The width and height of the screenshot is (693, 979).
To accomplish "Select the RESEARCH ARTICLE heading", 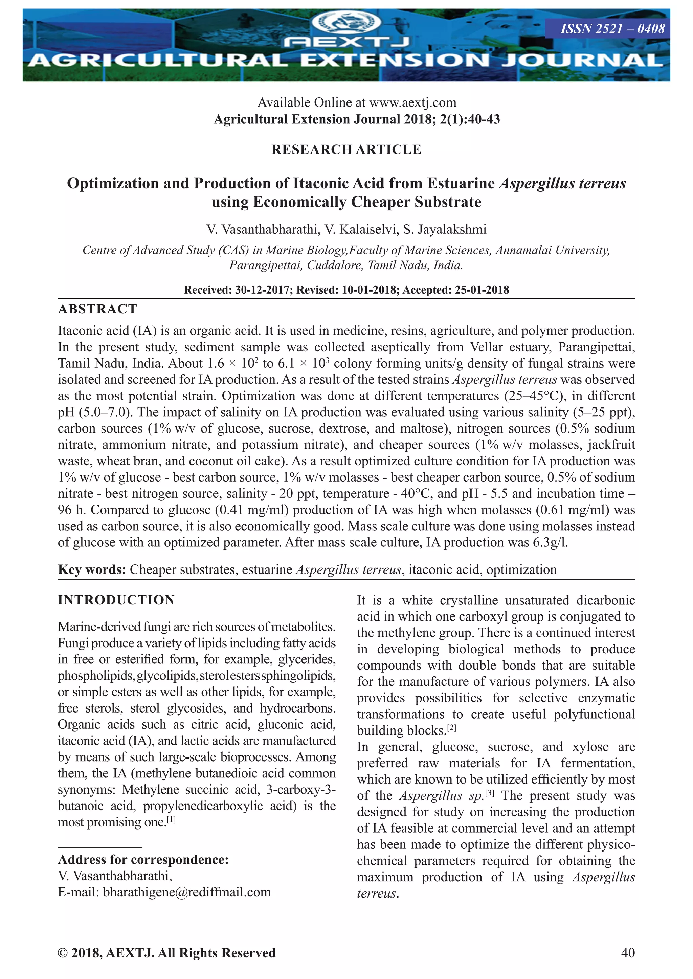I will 346,150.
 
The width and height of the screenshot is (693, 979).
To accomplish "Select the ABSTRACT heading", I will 97,309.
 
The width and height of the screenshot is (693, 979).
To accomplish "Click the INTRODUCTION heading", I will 116,600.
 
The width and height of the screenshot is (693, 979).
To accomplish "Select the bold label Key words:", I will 92,570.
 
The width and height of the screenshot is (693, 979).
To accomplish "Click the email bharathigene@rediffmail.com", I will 187,892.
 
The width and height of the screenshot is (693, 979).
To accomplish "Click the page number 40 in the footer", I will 628,953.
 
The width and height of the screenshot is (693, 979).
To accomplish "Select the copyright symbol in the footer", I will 63,953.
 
